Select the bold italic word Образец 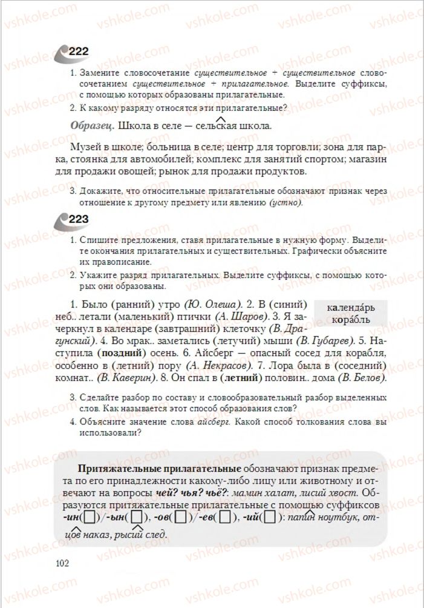pos(91,127)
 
